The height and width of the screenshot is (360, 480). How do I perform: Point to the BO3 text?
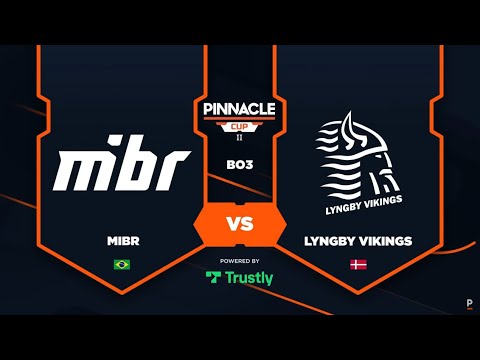(x=240, y=163)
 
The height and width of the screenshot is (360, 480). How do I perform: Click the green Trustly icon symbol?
(x=213, y=278)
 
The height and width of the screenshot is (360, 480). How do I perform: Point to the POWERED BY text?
(x=240, y=260)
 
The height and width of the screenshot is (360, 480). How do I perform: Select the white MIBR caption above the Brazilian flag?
(x=121, y=243)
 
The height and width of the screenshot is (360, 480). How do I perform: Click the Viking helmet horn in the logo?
(x=345, y=125)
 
